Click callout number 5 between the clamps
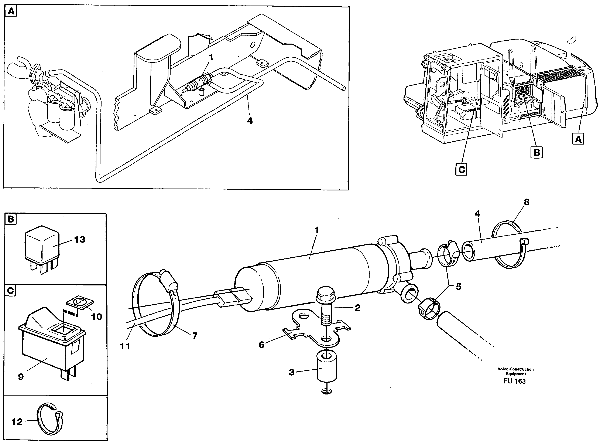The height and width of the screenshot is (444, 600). coord(459,287)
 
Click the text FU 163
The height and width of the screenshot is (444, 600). coord(514,381)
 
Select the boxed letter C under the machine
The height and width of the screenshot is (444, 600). coord(461,170)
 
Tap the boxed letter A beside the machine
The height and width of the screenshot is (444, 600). coord(578,139)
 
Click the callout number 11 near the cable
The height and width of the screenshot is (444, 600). coord(125,346)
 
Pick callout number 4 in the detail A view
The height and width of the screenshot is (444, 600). coord(250,121)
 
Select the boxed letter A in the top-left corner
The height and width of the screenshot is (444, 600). coord(11,11)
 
